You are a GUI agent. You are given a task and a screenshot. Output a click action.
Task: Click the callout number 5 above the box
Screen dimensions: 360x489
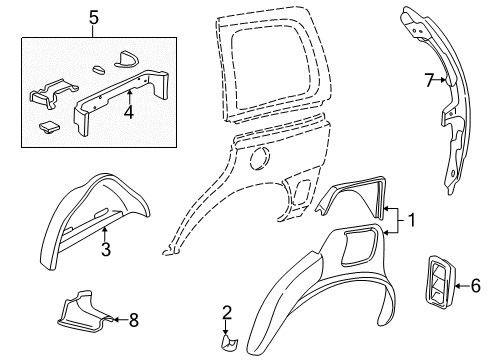click(93, 18)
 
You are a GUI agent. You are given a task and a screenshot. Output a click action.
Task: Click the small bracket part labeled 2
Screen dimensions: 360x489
click(229, 343)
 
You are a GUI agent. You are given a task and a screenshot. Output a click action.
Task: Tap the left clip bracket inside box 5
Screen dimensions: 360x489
click(47, 96)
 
